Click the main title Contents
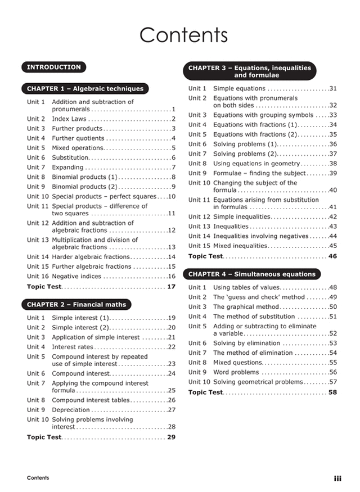(x=183, y=35)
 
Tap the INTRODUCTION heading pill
(x=54, y=67)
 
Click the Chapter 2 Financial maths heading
(x=76, y=305)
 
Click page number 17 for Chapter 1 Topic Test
(x=171, y=287)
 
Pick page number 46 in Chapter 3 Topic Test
(x=332, y=256)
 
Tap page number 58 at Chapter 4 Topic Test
(x=332, y=392)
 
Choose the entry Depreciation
(x=71, y=410)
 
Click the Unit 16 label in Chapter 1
(x=38, y=277)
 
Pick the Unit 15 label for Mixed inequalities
(x=199, y=246)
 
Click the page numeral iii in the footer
(x=337, y=479)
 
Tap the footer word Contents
(x=38, y=478)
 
